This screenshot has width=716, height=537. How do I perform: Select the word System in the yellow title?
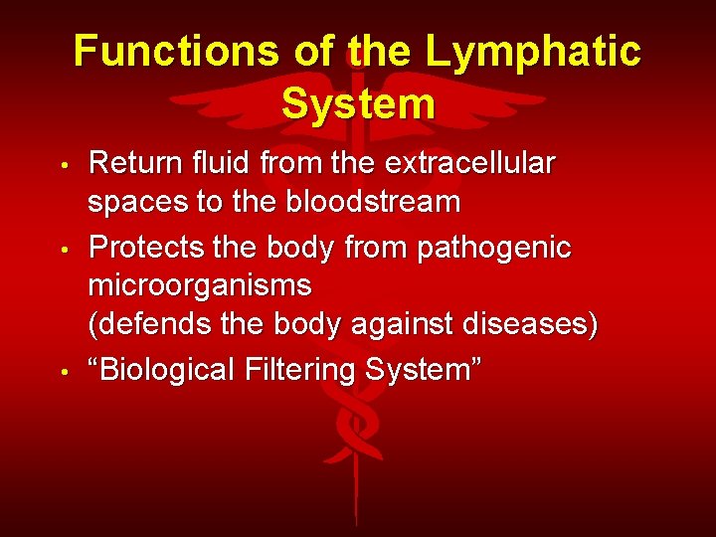pyautogui.click(x=358, y=103)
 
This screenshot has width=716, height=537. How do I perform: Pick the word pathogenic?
pyautogui.click(x=492, y=246)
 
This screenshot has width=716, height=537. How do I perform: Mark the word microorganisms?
pyautogui.click(x=200, y=286)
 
